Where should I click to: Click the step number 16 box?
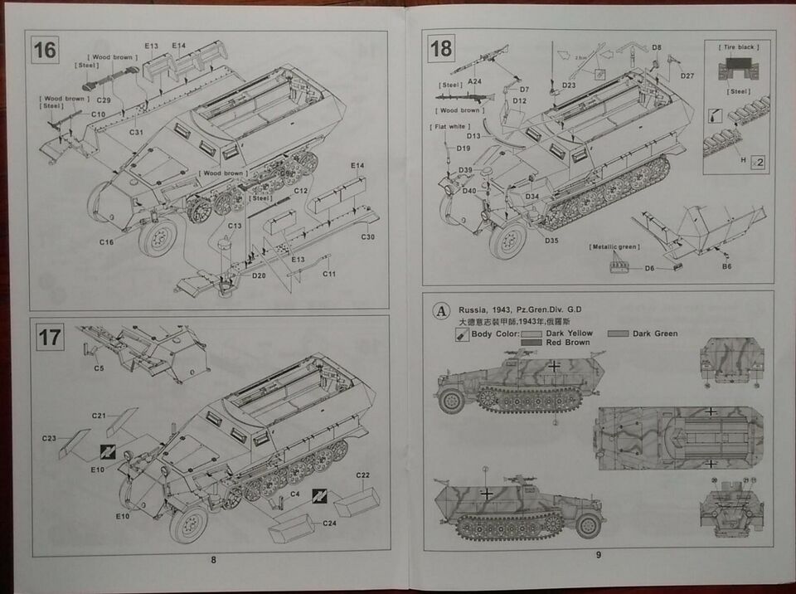[45, 50]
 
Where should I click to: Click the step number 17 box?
[50, 337]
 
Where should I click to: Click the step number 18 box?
[441, 49]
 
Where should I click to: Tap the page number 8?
[213, 560]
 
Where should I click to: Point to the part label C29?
[104, 100]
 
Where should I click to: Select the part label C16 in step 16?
[105, 242]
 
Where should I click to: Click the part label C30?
[368, 236]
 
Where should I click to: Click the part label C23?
[48, 438]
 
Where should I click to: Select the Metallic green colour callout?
[614, 247]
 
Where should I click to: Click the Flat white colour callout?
[449, 127]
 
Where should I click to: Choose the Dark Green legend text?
[654, 334]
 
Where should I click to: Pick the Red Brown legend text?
[567, 342]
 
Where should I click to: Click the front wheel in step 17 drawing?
[188, 524]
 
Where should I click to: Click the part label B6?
[726, 266]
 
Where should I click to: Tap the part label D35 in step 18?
[552, 241]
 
